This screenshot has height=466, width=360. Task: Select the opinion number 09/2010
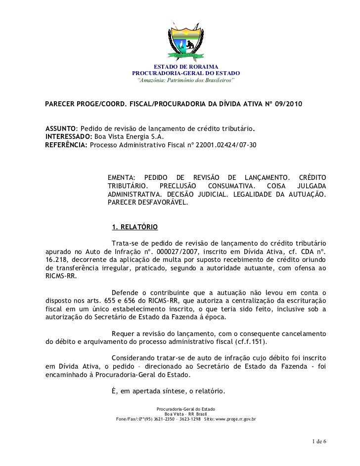pyautogui.click(x=287, y=106)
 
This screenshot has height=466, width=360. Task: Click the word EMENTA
pyautogui.click(x=121, y=177)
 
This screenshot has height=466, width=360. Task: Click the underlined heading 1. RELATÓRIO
pyautogui.click(x=135, y=227)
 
